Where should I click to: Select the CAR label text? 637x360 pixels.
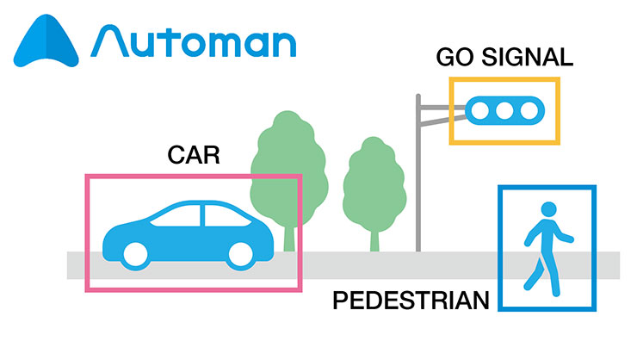point(193,156)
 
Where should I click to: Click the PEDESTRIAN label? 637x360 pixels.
point(411,301)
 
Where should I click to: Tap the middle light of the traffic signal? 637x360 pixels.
point(504,109)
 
